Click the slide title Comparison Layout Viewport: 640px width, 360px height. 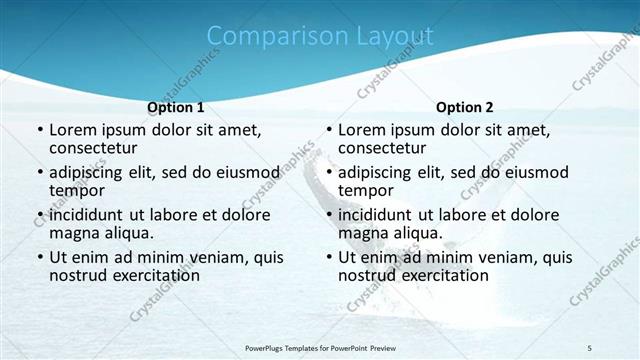point(320,37)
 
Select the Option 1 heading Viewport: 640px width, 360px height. point(175,107)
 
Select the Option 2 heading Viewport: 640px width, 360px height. point(464,107)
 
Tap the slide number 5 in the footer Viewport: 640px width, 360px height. point(589,347)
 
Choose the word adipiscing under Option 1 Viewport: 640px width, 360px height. point(91,173)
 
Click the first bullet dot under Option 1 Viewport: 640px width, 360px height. point(39,131)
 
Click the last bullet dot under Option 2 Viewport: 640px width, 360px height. point(328,257)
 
